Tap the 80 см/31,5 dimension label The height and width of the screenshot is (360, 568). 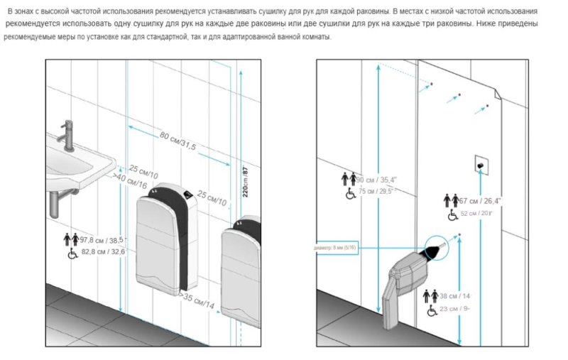coord(177,141)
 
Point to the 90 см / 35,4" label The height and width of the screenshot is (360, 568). coord(375,180)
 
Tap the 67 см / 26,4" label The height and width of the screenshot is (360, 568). coord(481,201)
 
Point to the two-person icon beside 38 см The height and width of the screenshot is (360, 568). coord(430,295)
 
